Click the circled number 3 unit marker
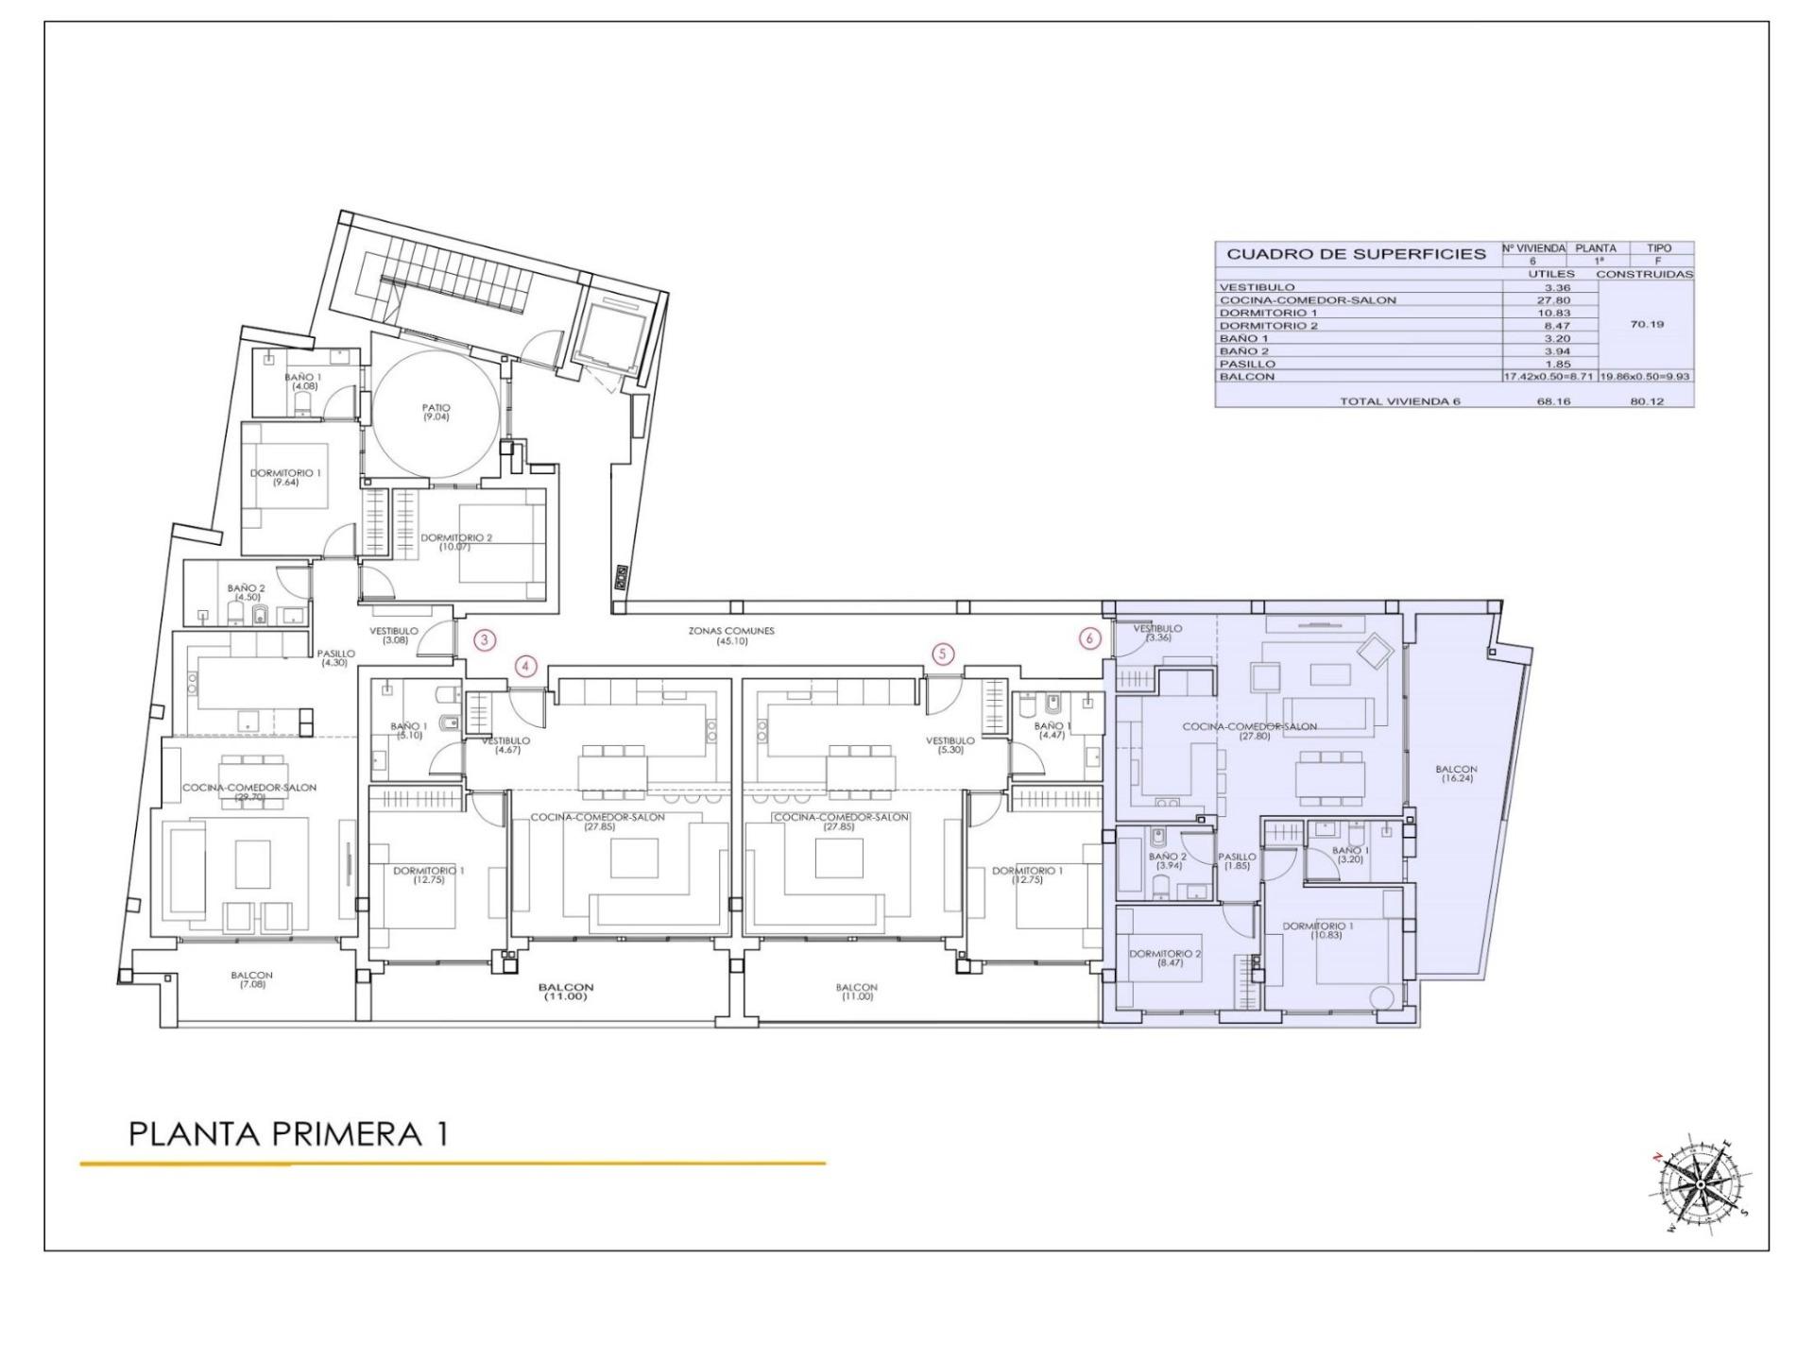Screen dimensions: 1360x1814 click(x=484, y=640)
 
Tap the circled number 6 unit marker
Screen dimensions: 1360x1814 click(x=1089, y=638)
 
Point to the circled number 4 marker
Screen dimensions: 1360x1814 click(x=526, y=667)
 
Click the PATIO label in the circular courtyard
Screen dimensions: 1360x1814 click(x=436, y=412)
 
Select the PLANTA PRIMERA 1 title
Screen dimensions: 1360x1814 click(x=288, y=1133)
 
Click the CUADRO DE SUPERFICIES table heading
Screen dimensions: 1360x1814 click(x=1356, y=254)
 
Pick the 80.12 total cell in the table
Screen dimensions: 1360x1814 click(x=1646, y=401)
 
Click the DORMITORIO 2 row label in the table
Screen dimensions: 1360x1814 click(x=1268, y=326)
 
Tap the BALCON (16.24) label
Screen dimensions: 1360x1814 click(x=1458, y=773)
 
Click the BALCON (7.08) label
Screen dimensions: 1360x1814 click(x=251, y=979)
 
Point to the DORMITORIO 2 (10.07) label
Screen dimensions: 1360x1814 click(x=456, y=541)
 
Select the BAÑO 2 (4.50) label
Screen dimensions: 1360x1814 click(x=246, y=592)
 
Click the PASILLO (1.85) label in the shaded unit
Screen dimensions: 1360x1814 click(x=1237, y=860)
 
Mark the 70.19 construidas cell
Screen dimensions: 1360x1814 click(x=1646, y=324)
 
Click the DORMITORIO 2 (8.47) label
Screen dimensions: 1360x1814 click(x=1165, y=959)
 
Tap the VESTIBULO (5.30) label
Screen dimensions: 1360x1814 click(x=950, y=745)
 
